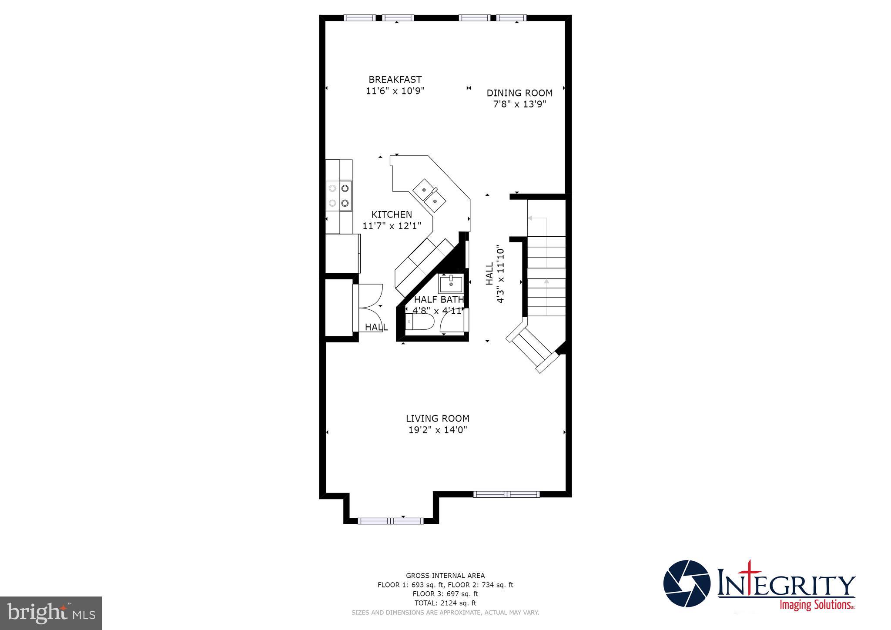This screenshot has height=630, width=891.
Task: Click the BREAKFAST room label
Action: (395, 79)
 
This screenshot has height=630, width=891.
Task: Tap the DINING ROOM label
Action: (519, 93)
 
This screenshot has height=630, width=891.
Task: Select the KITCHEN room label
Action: (392, 214)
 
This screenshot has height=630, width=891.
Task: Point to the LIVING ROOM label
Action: (437, 419)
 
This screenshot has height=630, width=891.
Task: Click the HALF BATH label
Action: (439, 299)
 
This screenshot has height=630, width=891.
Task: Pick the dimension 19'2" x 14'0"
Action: (437, 430)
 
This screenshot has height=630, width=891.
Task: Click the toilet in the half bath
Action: (419, 322)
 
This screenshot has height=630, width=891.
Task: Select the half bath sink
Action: (451, 284)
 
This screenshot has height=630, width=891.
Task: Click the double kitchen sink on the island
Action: (429, 195)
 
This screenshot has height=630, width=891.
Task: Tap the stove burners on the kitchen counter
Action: (339, 195)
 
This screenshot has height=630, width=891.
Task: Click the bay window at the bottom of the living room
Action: (390, 520)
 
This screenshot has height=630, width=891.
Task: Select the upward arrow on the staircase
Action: (546, 281)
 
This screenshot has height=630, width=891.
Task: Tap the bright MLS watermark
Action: (51, 613)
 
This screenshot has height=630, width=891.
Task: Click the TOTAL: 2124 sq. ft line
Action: (445, 603)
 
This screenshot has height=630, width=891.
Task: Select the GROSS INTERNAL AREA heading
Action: (445, 576)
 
